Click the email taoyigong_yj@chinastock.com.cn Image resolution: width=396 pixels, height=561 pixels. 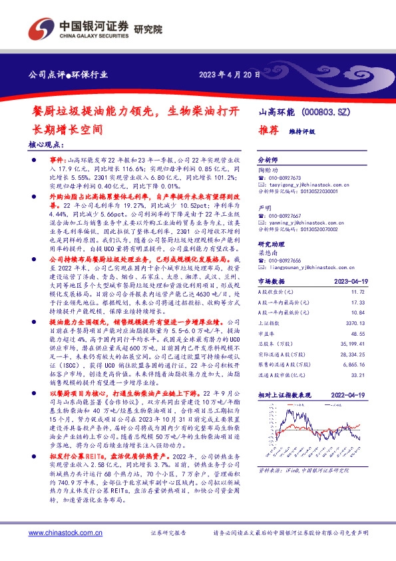point(313,185)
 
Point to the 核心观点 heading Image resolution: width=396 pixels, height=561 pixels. point(46,143)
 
